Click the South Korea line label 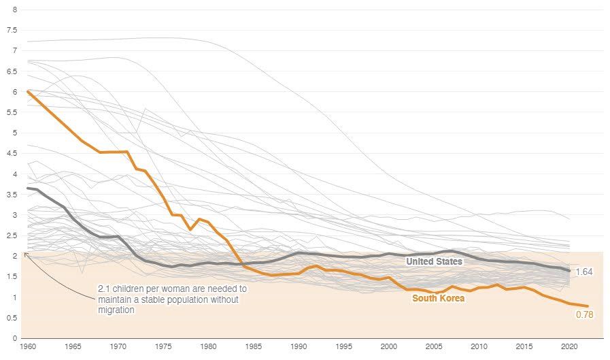point(439,298)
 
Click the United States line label point(434,261)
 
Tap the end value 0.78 point(584,314)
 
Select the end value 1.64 point(584,272)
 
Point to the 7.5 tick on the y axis point(11,30)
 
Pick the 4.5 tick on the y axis point(11,153)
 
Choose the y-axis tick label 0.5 point(11,318)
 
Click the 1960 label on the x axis point(28,346)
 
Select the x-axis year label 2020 point(569,346)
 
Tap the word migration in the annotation point(116,310)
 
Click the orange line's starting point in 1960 point(27,91)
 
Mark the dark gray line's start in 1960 point(27,188)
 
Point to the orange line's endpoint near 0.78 point(588,306)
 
